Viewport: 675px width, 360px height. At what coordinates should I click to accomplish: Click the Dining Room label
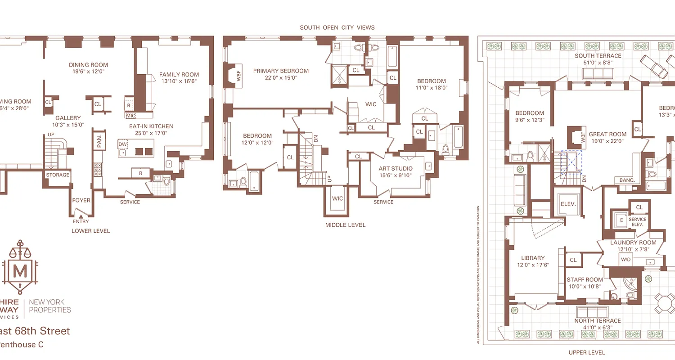pos(88,65)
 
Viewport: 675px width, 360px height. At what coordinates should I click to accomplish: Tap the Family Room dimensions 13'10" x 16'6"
pos(179,81)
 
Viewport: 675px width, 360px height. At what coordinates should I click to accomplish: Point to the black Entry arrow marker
pos(81,217)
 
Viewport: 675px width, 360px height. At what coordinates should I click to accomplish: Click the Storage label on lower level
pos(58,175)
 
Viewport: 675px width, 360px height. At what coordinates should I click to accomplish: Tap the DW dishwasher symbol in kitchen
pos(122,144)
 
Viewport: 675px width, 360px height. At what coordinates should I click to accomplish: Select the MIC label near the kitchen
pos(131,116)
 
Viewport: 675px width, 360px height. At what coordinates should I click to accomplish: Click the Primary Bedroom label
pos(281,71)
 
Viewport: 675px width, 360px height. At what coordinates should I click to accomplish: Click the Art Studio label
pos(396,169)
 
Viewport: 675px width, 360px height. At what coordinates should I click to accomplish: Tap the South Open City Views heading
pos(337,27)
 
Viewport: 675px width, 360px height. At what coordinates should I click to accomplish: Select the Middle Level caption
pos(345,225)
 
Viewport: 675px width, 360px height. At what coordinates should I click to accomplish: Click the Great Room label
pos(607,134)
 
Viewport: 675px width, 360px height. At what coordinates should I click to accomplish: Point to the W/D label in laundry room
pos(625,260)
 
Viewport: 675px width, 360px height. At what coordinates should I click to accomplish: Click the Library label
pos(533,258)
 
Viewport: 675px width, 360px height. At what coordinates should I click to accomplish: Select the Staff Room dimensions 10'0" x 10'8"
pos(584,286)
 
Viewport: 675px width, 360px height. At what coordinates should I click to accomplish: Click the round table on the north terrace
pos(664,303)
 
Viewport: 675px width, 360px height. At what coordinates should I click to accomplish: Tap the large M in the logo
pos(19,271)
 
